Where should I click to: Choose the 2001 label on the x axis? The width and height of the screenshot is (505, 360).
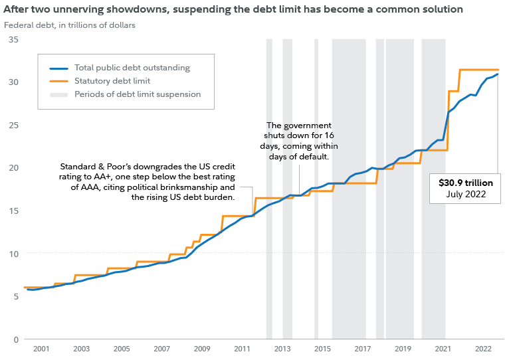[41, 349]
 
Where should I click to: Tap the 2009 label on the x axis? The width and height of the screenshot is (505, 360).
[202, 349]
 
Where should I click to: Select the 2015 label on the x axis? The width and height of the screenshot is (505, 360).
[322, 349]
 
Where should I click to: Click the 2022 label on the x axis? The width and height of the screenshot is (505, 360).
[483, 349]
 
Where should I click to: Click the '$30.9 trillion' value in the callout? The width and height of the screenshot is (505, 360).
[465, 182]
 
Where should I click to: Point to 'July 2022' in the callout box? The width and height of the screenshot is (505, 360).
[465, 195]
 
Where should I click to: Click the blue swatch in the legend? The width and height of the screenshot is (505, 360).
[59, 68]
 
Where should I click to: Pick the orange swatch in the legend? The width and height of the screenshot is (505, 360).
[59, 81]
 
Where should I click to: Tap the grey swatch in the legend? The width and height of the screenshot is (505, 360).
[59, 94]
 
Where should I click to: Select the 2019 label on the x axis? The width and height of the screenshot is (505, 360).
[403, 349]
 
